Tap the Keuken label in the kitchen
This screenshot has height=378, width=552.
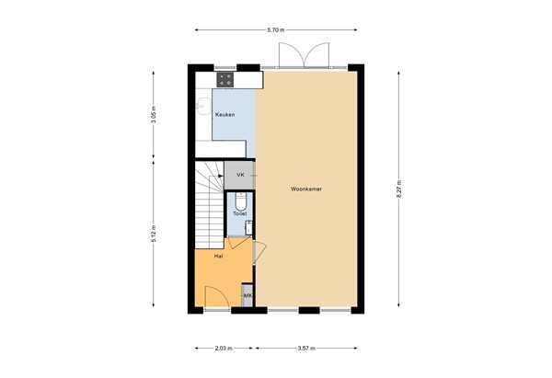tap(224, 114)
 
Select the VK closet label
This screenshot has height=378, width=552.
tap(240, 174)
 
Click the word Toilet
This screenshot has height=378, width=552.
tap(239, 212)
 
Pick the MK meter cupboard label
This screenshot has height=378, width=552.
tap(247, 295)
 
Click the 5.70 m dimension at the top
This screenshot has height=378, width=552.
tap(275, 30)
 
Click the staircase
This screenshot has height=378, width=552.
tap(207, 202)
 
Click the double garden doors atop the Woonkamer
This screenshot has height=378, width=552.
tap(303, 55)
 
